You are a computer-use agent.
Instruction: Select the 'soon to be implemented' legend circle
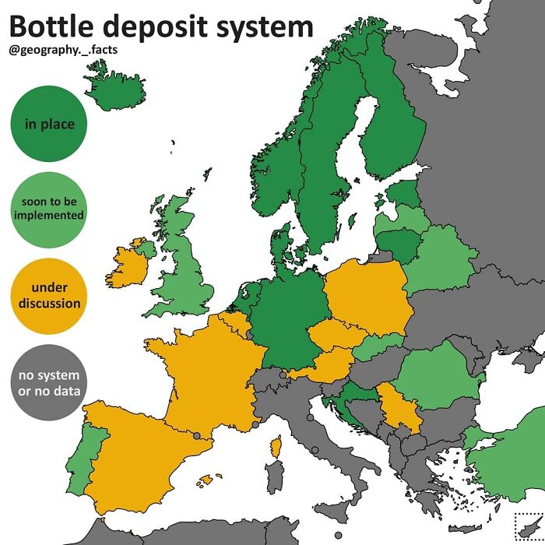point(49,209)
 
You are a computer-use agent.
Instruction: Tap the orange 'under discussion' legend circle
point(49,296)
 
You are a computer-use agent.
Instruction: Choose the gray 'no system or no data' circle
point(49,382)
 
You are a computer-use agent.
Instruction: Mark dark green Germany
point(284,319)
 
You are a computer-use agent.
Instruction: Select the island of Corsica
point(275,447)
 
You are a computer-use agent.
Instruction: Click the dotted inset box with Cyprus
point(527,527)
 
